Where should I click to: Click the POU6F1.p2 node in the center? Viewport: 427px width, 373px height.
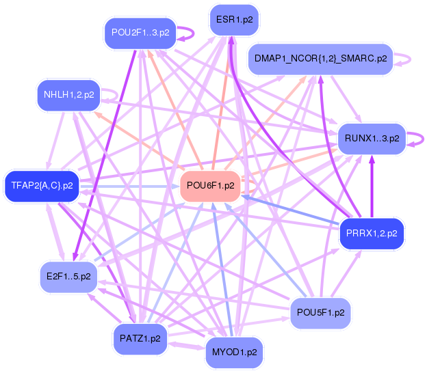[x=210, y=186]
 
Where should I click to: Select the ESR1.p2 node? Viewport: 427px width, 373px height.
[x=235, y=20]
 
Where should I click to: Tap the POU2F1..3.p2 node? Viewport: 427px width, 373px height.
[x=140, y=32]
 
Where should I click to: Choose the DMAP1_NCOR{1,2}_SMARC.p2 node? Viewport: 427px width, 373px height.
[x=320, y=59]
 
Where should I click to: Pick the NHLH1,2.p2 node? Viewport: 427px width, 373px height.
[x=68, y=95]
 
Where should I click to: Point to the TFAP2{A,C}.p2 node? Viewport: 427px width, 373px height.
[x=42, y=185]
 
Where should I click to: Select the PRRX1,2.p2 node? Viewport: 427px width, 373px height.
[x=372, y=234]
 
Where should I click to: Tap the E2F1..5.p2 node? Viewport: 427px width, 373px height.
[x=68, y=277]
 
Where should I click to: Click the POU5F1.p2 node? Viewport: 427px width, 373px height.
[x=320, y=313]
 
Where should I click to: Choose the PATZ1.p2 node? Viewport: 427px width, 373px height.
[x=140, y=338]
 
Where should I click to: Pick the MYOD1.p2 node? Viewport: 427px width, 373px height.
[x=235, y=353]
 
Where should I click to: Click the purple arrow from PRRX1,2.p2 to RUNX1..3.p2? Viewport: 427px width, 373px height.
[x=372, y=188]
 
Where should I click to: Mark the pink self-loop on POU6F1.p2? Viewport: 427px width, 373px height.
[x=250, y=185]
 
